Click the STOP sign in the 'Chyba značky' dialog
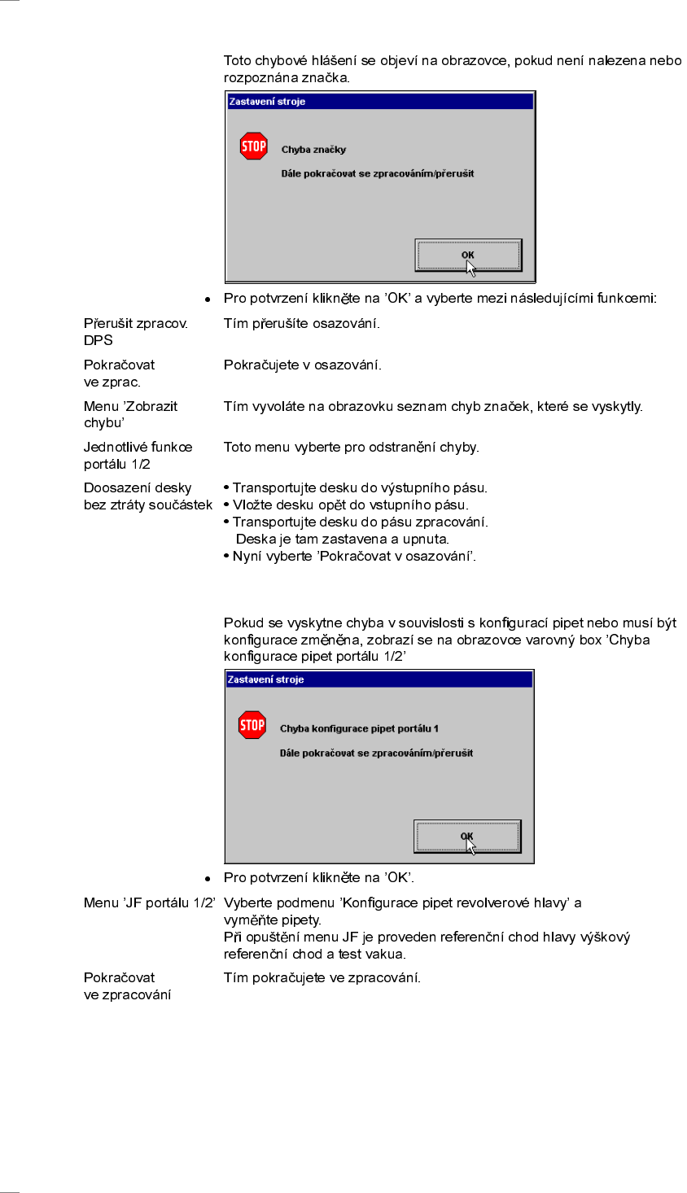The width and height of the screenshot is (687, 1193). pos(254,146)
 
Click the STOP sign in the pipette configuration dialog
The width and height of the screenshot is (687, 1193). pos(252,725)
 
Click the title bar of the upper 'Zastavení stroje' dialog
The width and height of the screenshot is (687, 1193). pos(380,102)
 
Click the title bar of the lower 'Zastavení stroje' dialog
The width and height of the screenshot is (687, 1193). pos(379,680)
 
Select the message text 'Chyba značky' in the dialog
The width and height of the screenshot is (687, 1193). pos(313,150)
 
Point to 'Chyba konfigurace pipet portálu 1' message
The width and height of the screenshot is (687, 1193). pos(359,729)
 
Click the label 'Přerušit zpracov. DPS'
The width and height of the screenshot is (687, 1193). pos(135,332)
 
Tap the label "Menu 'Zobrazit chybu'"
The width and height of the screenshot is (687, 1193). pos(130,414)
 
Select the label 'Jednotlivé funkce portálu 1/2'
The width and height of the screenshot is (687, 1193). pos(138,456)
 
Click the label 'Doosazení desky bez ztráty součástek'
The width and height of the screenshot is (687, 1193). pos(147,496)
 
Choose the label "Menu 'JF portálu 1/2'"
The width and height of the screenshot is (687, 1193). pos(149,902)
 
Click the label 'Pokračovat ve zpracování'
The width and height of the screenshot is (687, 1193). pos(127,986)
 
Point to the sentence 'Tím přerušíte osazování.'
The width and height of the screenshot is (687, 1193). pos(301,324)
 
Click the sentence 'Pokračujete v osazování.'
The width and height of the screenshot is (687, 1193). pos(302,365)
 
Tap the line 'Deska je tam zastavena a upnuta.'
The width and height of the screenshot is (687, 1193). pos(342,540)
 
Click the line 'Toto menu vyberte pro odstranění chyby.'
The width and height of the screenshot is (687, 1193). pos(351,447)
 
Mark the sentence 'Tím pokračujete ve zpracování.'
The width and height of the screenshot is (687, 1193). pos(322,977)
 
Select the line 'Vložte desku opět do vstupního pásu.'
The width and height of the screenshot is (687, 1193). pos(350,505)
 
